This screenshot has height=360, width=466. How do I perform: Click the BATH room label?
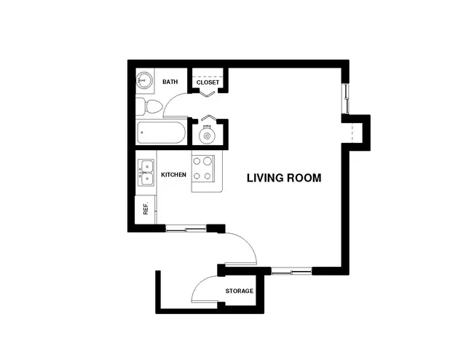tap(170, 82)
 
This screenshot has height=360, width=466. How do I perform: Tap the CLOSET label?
tap(208, 82)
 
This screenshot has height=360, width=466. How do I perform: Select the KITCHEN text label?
tap(173, 175)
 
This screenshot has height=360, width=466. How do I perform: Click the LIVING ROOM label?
tap(284, 178)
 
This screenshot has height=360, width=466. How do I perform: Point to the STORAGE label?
tap(240, 291)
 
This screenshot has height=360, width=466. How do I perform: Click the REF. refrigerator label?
tap(146, 209)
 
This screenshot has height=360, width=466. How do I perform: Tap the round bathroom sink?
tap(144, 80)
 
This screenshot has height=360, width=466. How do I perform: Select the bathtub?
tap(161, 133)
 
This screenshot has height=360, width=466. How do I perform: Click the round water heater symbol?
tap(207, 136)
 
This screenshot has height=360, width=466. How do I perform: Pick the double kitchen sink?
tap(146, 173)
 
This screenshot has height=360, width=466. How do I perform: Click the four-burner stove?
tap(203, 169)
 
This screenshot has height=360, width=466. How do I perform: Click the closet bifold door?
tap(208, 94)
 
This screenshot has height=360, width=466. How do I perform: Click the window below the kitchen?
tap(186, 229)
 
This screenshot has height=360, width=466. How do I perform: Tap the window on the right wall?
tap(346, 99)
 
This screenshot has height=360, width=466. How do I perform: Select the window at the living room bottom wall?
tap(292, 271)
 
